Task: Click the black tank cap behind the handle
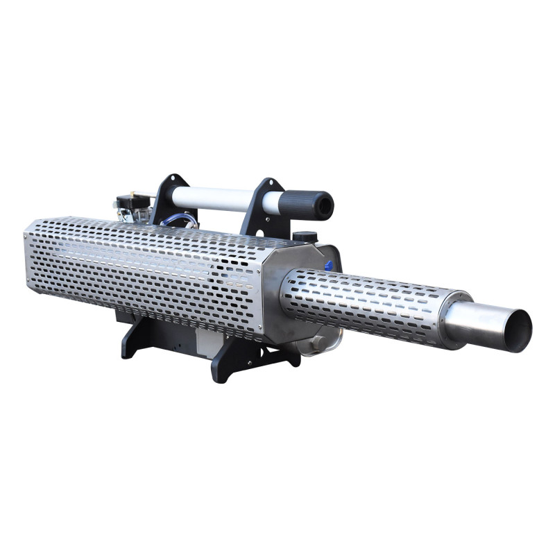click(305, 237)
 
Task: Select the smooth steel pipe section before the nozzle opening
click(479, 320)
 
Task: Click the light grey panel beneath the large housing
click(208, 340)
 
